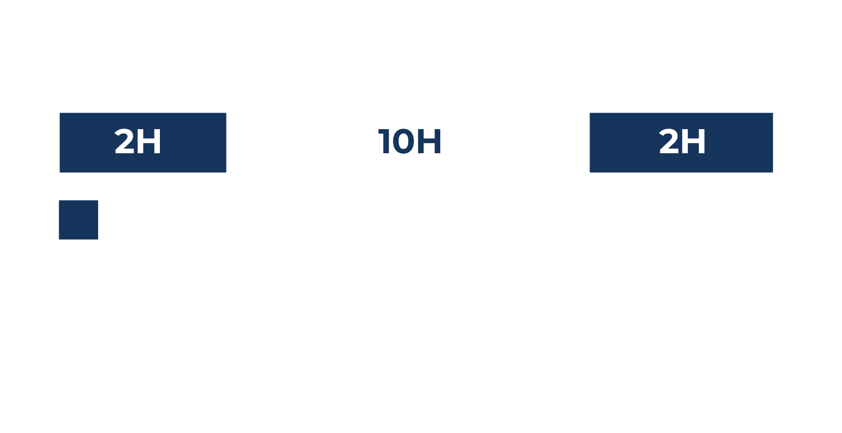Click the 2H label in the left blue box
point(138,141)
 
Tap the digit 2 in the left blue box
point(124,141)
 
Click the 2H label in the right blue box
point(682,141)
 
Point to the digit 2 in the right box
point(669,141)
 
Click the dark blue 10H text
point(410,142)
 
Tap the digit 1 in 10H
point(384,142)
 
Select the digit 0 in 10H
point(403,142)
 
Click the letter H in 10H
point(429,142)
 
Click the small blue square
point(78,220)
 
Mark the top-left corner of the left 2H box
point(60,113)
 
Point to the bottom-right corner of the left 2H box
point(226,172)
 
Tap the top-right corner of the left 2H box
point(226,113)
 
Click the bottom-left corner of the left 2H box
point(60,172)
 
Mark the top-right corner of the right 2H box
point(773,113)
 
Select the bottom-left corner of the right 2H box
point(590,172)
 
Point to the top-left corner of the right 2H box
point(590,113)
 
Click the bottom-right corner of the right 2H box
point(773,172)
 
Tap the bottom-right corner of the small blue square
point(98,239)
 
